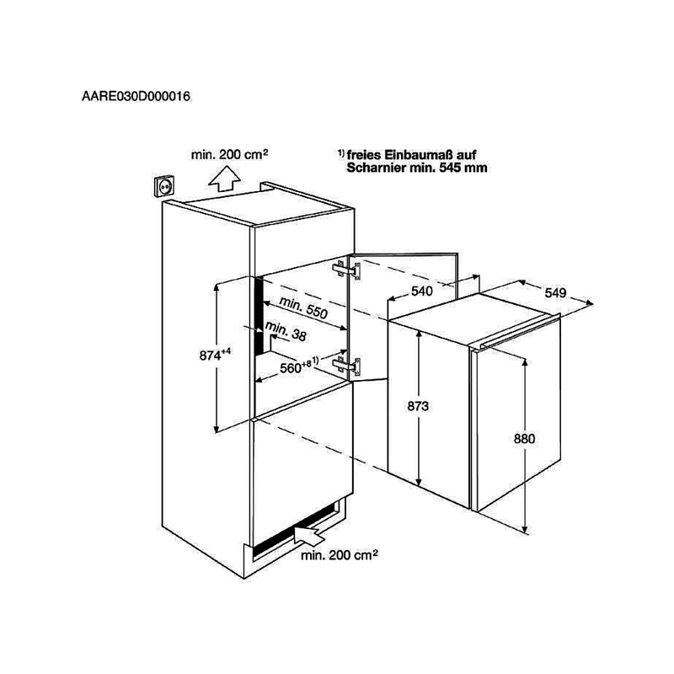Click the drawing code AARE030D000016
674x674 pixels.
point(136,96)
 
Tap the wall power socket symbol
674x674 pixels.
point(164,186)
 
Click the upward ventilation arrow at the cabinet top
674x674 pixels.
point(224,179)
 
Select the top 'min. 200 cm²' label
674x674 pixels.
point(230,154)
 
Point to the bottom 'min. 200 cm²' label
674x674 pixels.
point(340,555)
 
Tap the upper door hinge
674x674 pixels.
point(346,270)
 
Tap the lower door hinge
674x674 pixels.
point(346,366)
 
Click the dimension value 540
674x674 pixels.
point(422,291)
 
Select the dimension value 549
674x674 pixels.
point(555,292)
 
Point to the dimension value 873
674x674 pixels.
point(418,406)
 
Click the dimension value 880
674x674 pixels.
point(524,438)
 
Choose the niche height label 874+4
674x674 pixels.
point(215,354)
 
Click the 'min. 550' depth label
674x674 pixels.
point(303,307)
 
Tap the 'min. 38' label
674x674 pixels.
point(286,331)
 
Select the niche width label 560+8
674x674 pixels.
point(299,366)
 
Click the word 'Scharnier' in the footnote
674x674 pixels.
point(376,168)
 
